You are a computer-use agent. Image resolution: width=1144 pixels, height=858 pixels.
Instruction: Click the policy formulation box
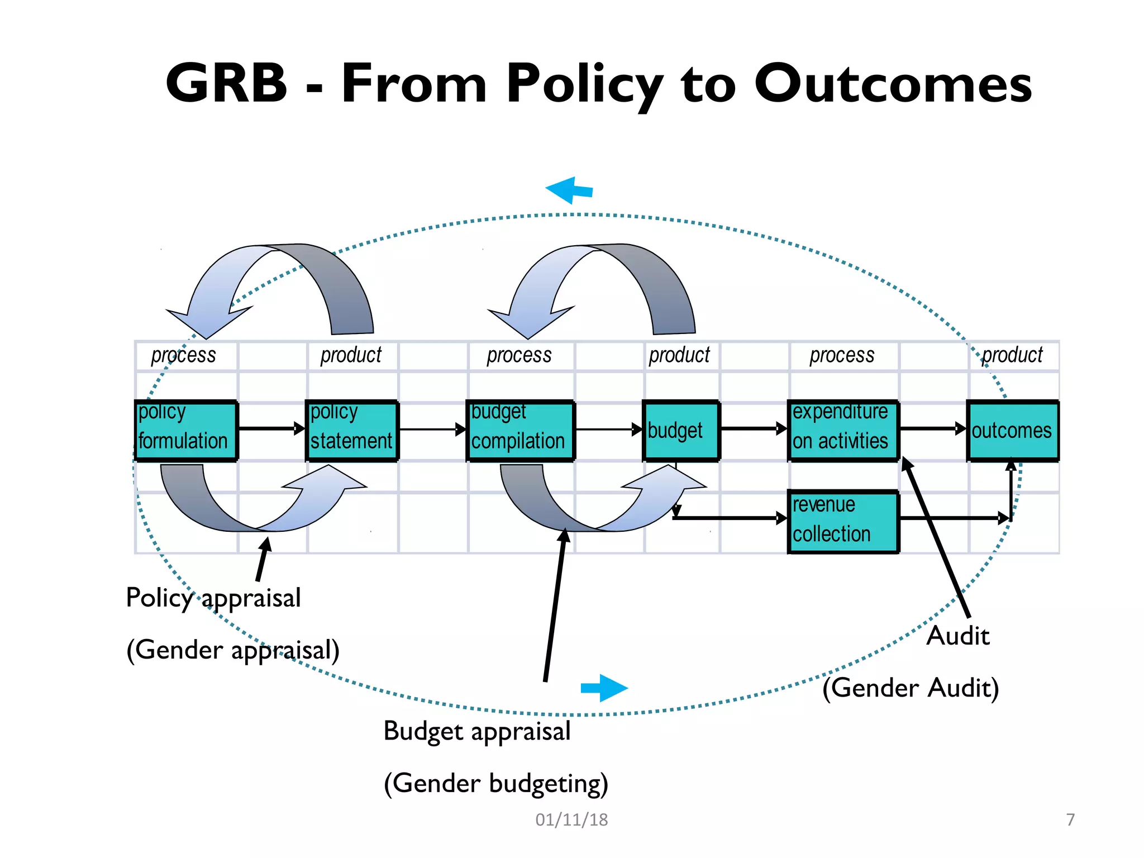tap(186, 431)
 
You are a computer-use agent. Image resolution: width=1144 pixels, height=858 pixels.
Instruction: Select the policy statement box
tap(352, 431)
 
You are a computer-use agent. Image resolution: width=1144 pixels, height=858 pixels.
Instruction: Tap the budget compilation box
tap(520, 431)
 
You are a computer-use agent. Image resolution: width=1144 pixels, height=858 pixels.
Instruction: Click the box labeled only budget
tap(680, 431)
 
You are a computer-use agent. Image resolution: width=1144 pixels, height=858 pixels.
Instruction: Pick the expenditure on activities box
tap(843, 431)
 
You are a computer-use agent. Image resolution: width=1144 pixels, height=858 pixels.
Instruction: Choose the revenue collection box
tap(843, 521)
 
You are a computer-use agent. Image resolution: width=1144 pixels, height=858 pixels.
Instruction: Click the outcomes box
tap(1012, 431)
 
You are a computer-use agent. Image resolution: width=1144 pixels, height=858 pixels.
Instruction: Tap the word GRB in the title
tap(226, 84)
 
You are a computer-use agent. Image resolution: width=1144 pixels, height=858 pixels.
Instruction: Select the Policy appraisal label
tap(213, 598)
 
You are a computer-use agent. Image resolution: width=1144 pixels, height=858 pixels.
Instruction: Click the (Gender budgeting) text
tap(495, 783)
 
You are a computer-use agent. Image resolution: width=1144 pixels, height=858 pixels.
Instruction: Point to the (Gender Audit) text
tap(911, 688)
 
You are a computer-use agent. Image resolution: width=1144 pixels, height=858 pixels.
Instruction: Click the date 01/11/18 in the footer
tap(571, 819)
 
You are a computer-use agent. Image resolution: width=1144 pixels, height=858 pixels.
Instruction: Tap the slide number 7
tap(1070, 819)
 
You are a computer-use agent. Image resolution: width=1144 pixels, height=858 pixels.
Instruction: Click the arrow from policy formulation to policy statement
tap(271, 428)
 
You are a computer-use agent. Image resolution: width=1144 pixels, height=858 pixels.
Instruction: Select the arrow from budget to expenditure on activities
tap(753, 428)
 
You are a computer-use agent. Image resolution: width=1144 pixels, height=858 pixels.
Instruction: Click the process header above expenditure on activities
tap(842, 355)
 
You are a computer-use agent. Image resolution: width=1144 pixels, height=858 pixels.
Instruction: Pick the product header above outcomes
tap(1012, 355)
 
